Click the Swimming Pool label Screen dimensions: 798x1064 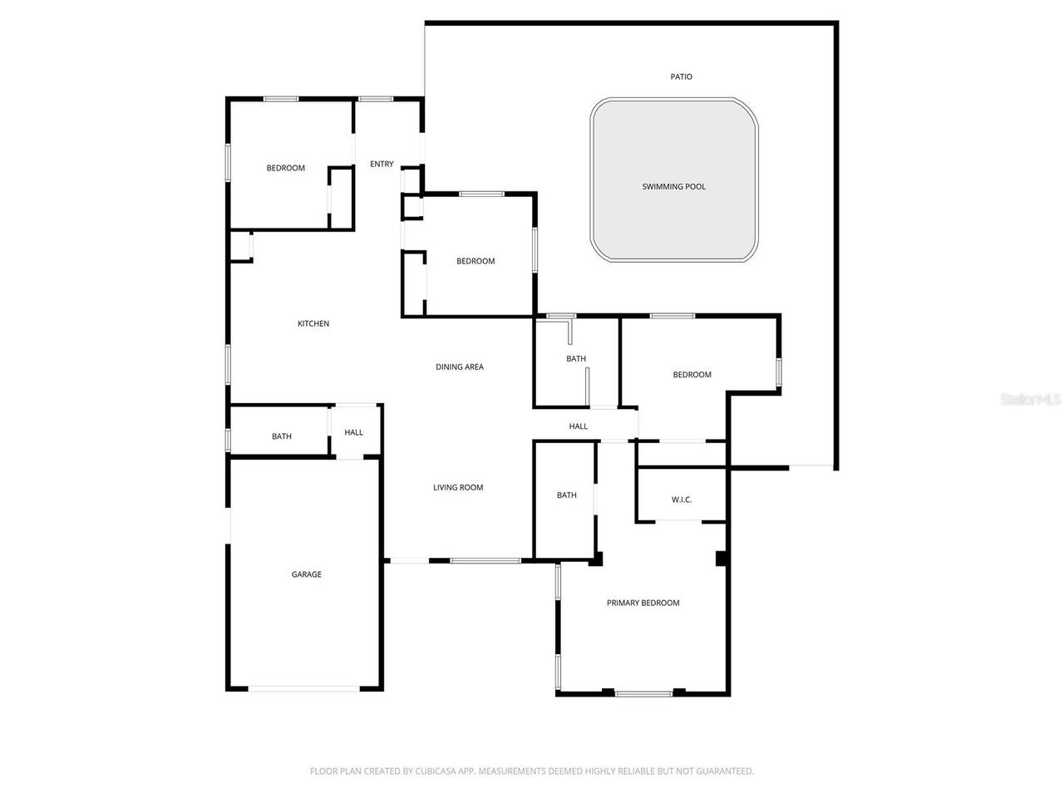[673, 187]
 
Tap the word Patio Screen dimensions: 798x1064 [682, 77]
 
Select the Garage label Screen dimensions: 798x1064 [306, 574]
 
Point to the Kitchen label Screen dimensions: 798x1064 [313, 324]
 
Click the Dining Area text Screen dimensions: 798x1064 [460, 367]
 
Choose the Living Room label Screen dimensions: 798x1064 [458, 488]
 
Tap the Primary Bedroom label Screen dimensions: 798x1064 [643, 603]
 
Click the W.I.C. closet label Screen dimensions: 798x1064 [682, 500]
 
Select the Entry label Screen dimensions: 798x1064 [382, 165]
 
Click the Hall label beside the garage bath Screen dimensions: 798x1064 [354, 432]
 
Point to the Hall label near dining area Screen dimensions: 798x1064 [579, 426]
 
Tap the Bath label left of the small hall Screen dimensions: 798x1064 [282, 436]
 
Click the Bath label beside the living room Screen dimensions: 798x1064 [567, 495]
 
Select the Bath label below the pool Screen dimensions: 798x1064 [576, 359]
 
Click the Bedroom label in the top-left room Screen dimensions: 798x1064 [285, 169]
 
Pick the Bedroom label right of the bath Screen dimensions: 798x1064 [692, 375]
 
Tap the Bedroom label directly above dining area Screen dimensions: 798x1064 [475, 261]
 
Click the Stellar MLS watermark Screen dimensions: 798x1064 [1031, 400]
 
